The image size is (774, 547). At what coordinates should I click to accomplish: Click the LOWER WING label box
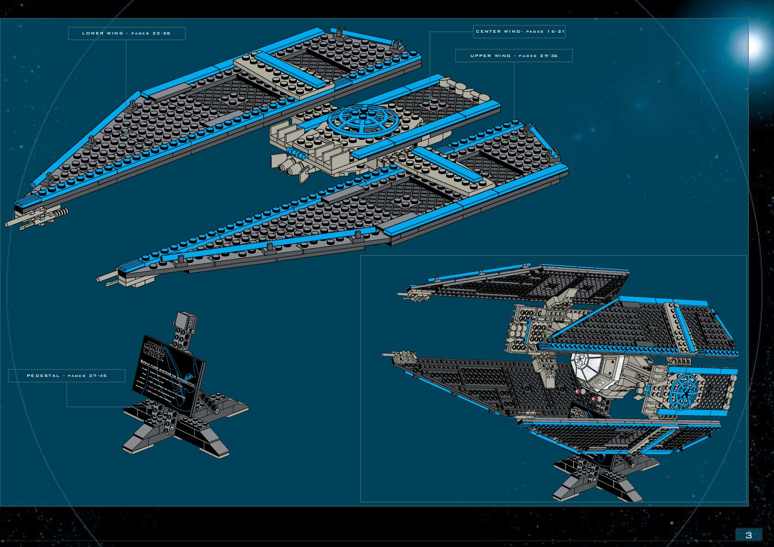(127, 34)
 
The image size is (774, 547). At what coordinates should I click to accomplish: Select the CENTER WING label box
(520, 32)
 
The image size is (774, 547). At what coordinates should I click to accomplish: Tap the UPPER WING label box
(514, 56)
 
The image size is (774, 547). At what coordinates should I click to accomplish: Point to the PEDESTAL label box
(67, 376)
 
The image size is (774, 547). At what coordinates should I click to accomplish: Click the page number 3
(748, 535)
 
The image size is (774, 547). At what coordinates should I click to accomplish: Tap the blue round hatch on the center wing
(363, 120)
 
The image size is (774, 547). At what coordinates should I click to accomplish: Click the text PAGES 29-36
(538, 56)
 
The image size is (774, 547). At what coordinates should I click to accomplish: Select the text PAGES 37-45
(87, 376)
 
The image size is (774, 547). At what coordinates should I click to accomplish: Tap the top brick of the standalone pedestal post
(187, 318)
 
